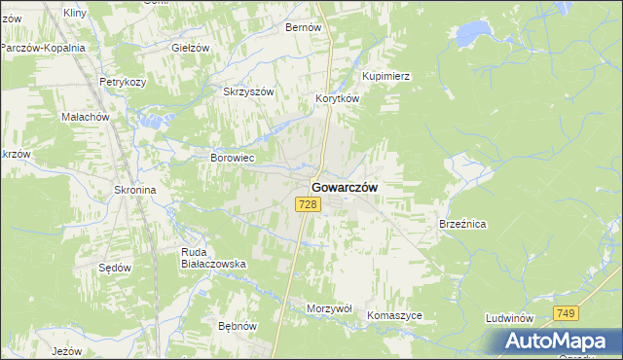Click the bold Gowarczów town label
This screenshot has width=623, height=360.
345,186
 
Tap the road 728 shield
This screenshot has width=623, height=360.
308,204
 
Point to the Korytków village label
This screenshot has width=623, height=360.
338,99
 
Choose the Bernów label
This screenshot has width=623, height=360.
303,28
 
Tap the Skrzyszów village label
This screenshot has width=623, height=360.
249,91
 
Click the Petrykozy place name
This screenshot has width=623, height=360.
123,83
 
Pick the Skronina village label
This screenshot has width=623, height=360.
135,191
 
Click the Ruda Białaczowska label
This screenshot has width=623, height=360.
212,258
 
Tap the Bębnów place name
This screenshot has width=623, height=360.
237,326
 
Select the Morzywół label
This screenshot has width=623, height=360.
329,307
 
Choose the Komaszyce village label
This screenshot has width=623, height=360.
395,316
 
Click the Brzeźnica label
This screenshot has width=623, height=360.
462,224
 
